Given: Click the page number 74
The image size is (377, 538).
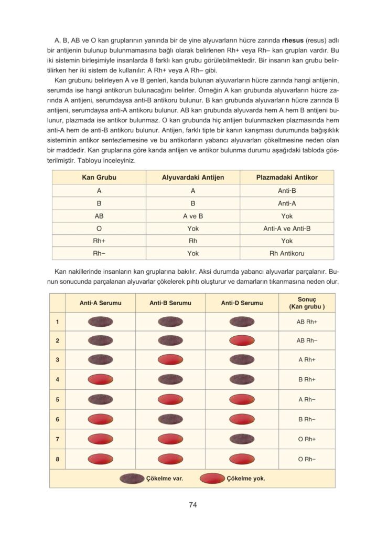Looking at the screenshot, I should tap(192, 505).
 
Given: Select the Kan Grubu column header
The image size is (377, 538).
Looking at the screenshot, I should tap(99, 178).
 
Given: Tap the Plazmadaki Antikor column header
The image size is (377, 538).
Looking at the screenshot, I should tap(286, 178).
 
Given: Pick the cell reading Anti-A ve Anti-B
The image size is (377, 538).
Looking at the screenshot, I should tap(286, 229).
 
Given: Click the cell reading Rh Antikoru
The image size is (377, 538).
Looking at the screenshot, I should tap(286, 253).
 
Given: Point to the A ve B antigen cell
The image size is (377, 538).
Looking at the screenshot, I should tap(193, 216).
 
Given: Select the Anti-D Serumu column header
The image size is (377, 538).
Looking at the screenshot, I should tap(242, 303).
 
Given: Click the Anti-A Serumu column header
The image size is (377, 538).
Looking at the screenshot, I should tap(100, 303).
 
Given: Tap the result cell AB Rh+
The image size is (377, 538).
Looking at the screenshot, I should tap(307, 322).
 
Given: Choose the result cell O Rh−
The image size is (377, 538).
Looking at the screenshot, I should tap(307, 459).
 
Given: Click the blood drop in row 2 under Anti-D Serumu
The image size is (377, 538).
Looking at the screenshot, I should tap(242, 340).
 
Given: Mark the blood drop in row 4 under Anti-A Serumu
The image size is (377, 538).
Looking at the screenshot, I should tap(100, 379).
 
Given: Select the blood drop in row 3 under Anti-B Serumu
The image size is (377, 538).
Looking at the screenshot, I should tap(170, 360).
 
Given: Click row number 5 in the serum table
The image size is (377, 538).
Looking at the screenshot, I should tap(57, 399).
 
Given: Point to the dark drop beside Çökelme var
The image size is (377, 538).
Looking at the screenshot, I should tap(132, 479).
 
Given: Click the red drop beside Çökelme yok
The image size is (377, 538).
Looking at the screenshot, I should tap(213, 479).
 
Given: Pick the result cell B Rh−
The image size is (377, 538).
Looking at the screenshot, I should tap(307, 419).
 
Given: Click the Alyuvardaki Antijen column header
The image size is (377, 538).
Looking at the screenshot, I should tap(193, 178).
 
